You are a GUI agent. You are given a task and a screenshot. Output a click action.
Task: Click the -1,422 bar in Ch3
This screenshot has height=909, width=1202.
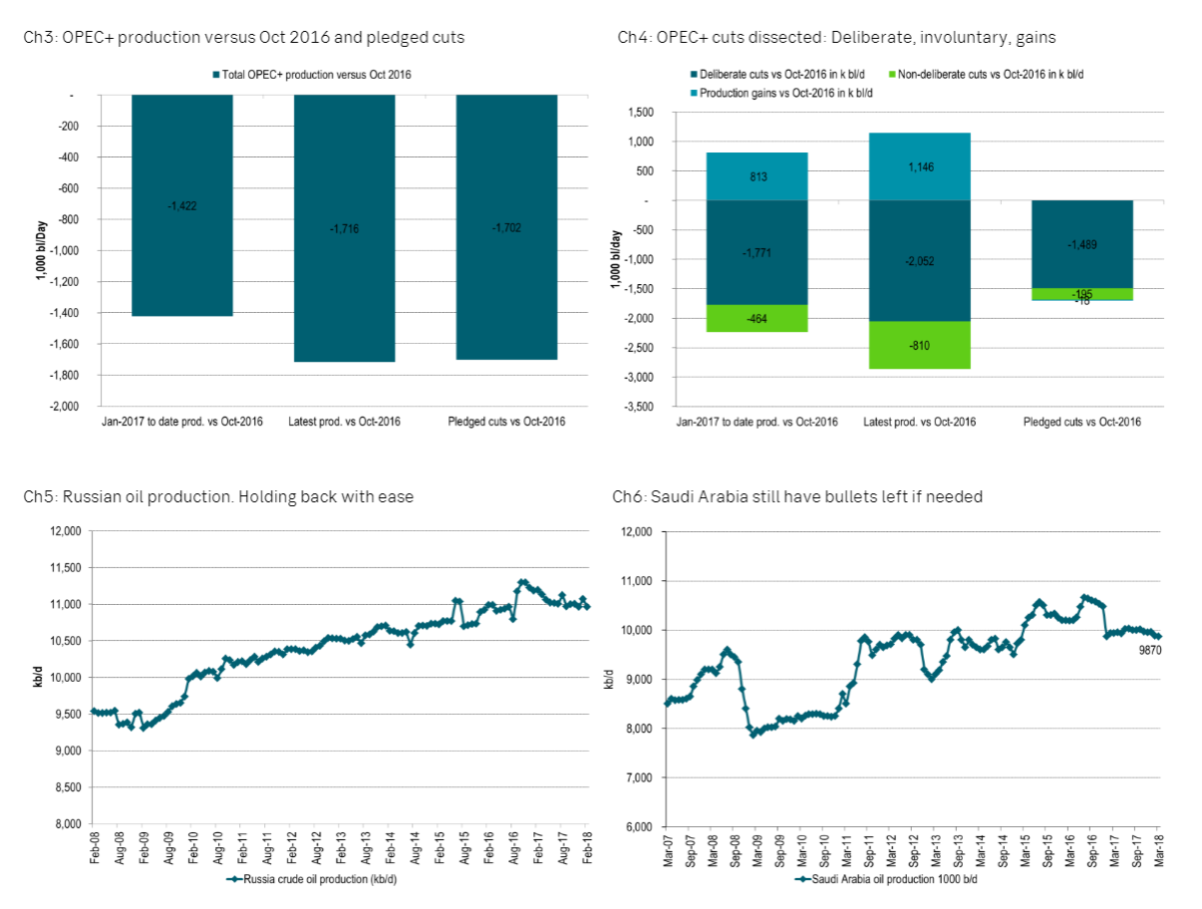click(182, 205)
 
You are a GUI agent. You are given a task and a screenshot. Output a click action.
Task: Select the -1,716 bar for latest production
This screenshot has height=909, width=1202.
click(344, 228)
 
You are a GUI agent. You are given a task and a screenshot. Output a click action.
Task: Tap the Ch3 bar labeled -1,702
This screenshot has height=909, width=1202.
click(506, 227)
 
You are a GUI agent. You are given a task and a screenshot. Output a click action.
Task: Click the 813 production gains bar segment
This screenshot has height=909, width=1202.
click(757, 176)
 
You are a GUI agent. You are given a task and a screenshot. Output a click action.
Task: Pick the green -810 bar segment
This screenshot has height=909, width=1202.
click(920, 345)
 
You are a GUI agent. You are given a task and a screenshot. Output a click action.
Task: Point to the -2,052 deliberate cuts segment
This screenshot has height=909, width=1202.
click(920, 261)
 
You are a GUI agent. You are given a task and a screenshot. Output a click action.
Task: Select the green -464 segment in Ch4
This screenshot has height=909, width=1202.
click(757, 318)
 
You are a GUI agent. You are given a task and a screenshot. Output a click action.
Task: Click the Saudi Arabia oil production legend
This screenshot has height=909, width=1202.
click(887, 880)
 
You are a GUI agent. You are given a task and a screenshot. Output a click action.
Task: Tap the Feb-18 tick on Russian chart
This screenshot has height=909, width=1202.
click(588, 848)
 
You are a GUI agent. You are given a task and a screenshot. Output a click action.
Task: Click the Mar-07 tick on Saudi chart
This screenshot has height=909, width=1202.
click(667, 849)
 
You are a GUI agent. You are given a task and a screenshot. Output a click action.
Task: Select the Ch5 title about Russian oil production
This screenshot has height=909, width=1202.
click(218, 496)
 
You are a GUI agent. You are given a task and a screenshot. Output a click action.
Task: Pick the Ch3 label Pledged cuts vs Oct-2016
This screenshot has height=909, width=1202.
click(506, 422)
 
